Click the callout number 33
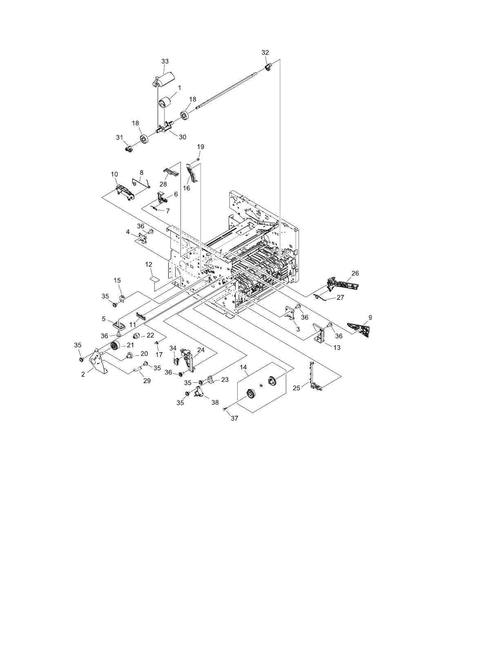(x=165, y=61)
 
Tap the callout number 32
(x=265, y=53)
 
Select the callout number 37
(x=234, y=418)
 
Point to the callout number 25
(x=297, y=388)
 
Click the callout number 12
(x=149, y=265)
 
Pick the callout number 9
(x=370, y=317)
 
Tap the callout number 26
(x=355, y=273)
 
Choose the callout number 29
(x=147, y=381)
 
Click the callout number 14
(x=244, y=368)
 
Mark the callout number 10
(x=114, y=174)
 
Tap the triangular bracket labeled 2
(x=98, y=363)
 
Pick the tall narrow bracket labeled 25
(x=314, y=376)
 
